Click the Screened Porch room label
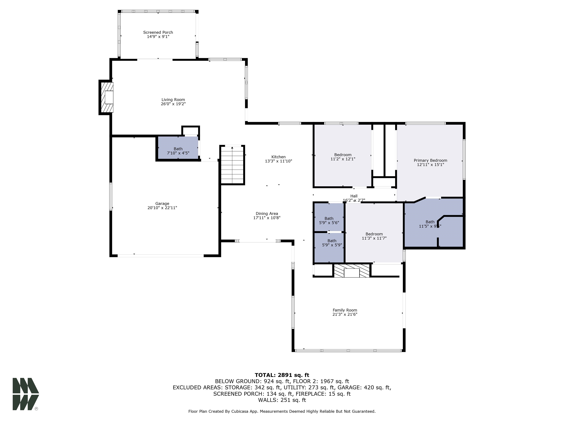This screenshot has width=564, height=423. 158,32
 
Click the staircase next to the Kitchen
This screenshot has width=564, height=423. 232,165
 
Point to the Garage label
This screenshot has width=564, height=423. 162,203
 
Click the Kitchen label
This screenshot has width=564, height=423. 279,157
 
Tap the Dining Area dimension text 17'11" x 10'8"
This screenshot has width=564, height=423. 267,218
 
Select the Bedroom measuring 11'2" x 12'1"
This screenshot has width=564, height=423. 343,157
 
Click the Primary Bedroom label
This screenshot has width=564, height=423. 430,160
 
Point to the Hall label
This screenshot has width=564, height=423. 354,196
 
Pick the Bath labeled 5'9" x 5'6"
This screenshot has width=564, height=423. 329,220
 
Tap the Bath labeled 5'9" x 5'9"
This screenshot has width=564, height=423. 332,243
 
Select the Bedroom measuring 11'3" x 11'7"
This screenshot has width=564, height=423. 374,236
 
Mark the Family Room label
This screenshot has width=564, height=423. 345,310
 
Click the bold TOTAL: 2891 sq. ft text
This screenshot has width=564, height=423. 282,375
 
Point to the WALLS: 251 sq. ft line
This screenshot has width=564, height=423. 282,400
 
